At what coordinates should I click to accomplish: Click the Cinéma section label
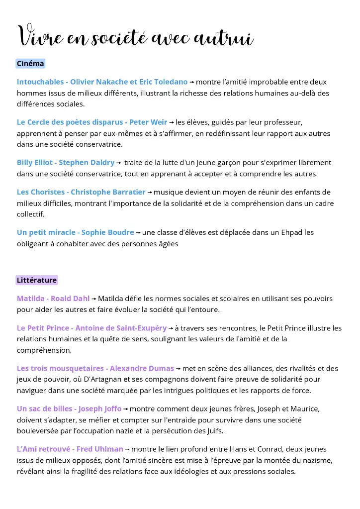30,64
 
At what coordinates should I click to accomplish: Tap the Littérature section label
37,280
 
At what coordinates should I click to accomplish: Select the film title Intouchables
40,82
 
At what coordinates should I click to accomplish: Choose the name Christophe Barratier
108,192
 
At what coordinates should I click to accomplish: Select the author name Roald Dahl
70,299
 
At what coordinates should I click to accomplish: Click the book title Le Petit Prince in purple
43,328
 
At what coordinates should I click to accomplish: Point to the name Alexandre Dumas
142,369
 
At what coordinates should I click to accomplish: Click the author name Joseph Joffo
100,409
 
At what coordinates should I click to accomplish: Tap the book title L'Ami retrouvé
43,449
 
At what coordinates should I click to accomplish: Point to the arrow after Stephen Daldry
118,163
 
